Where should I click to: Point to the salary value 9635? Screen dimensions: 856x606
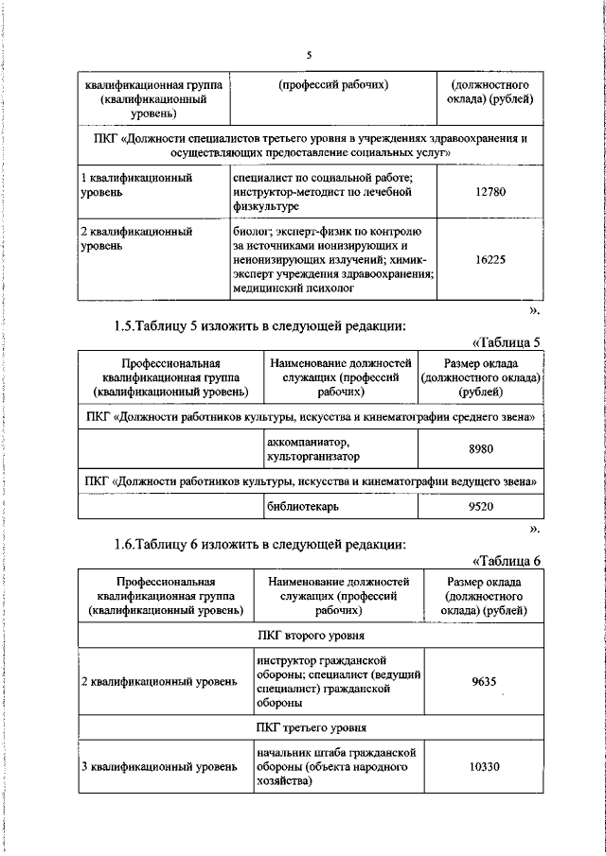click(x=484, y=681)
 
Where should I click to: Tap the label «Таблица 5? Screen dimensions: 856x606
click(x=506, y=342)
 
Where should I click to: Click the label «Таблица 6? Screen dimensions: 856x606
click(x=506, y=561)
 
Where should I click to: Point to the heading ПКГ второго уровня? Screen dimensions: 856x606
click(x=311, y=636)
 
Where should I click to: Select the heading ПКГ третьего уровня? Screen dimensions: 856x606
click(x=311, y=727)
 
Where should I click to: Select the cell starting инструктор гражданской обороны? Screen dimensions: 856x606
click(x=336, y=681)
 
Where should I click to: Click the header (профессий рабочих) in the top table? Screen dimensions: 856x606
click(x=333, y=85)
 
